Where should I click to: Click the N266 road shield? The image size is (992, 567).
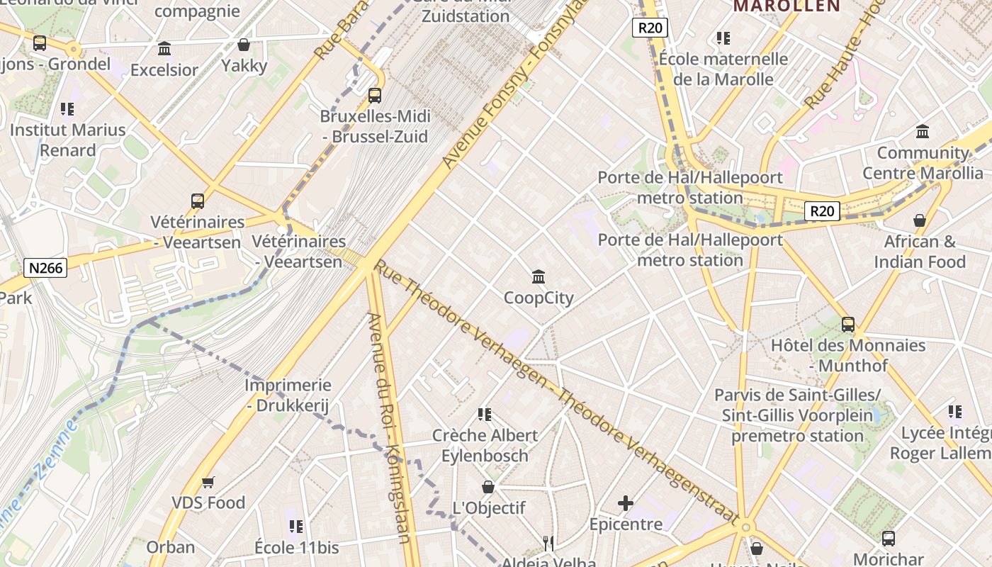click(46, 268)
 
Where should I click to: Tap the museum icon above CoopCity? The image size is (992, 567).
click(539, 276)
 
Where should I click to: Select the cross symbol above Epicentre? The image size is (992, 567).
click(626, 503)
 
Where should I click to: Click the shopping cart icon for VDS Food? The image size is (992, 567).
click(208, 482)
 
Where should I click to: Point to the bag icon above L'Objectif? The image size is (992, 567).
click(488, 487)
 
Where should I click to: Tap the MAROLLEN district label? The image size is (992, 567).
click(787, 6)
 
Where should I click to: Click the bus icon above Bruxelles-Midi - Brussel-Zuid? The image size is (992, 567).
click(374, 95)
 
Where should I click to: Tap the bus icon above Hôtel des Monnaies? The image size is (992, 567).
click(848, 325)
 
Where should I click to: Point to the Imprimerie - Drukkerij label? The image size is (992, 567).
click(288, 395)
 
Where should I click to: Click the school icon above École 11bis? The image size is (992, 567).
click(296, 527)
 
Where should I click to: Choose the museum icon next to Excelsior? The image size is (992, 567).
click(164, 49)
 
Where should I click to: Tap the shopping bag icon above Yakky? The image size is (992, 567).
click(244, 45)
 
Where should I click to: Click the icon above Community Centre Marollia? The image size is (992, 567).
click(923, 132)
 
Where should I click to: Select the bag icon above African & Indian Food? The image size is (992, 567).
click(920, 220)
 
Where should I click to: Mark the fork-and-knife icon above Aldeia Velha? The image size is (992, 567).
click(548, 544)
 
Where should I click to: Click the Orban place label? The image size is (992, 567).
click(170, 547)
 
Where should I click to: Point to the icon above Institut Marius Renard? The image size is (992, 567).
click(67, 109)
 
